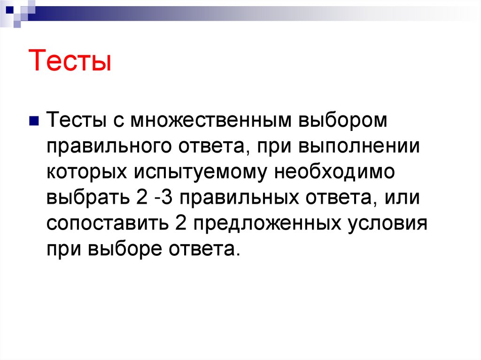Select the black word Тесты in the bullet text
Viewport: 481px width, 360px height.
coord(75,122)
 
